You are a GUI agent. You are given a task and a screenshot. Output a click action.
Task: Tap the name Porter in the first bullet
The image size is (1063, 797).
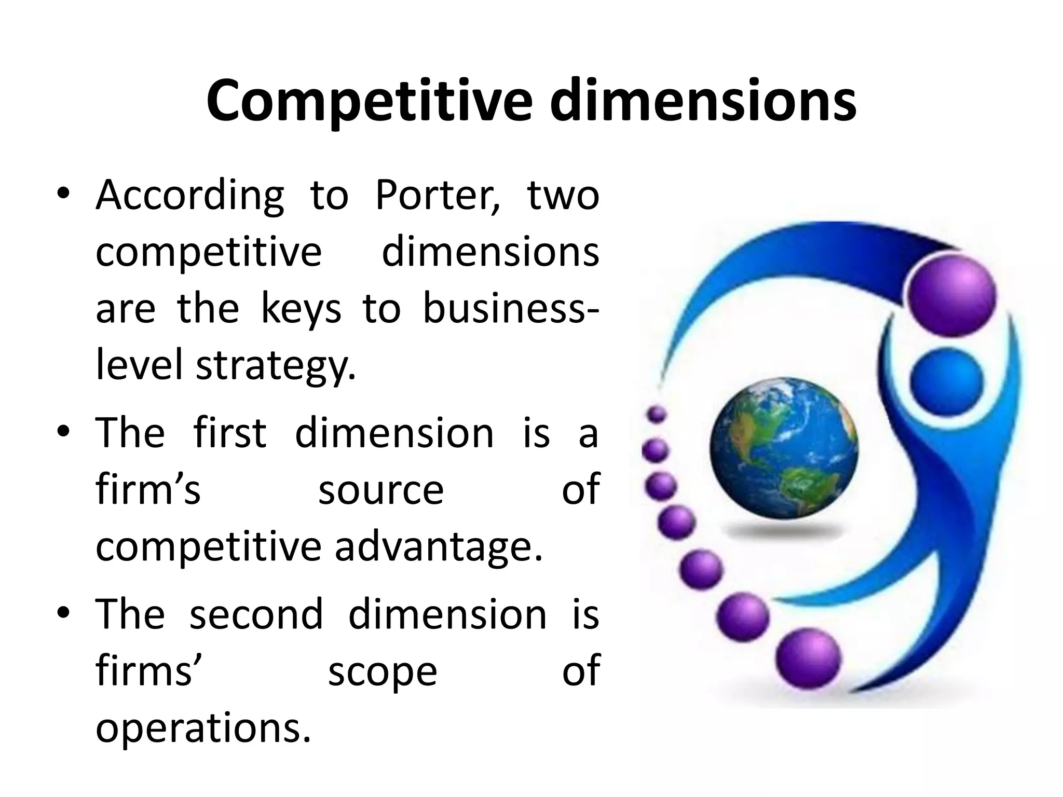point(438,197)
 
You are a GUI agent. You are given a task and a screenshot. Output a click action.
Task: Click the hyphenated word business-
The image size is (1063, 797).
point(511,309)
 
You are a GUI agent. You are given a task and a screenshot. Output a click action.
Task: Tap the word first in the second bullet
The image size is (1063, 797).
point(229,433)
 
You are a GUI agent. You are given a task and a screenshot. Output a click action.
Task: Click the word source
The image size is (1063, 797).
point(381,490)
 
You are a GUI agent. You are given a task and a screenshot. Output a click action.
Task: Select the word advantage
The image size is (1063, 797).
point(439,547)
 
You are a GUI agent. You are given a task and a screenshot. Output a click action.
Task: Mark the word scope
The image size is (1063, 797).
point(383,672)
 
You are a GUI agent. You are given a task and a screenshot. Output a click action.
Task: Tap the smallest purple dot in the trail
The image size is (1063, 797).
point(658,414)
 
